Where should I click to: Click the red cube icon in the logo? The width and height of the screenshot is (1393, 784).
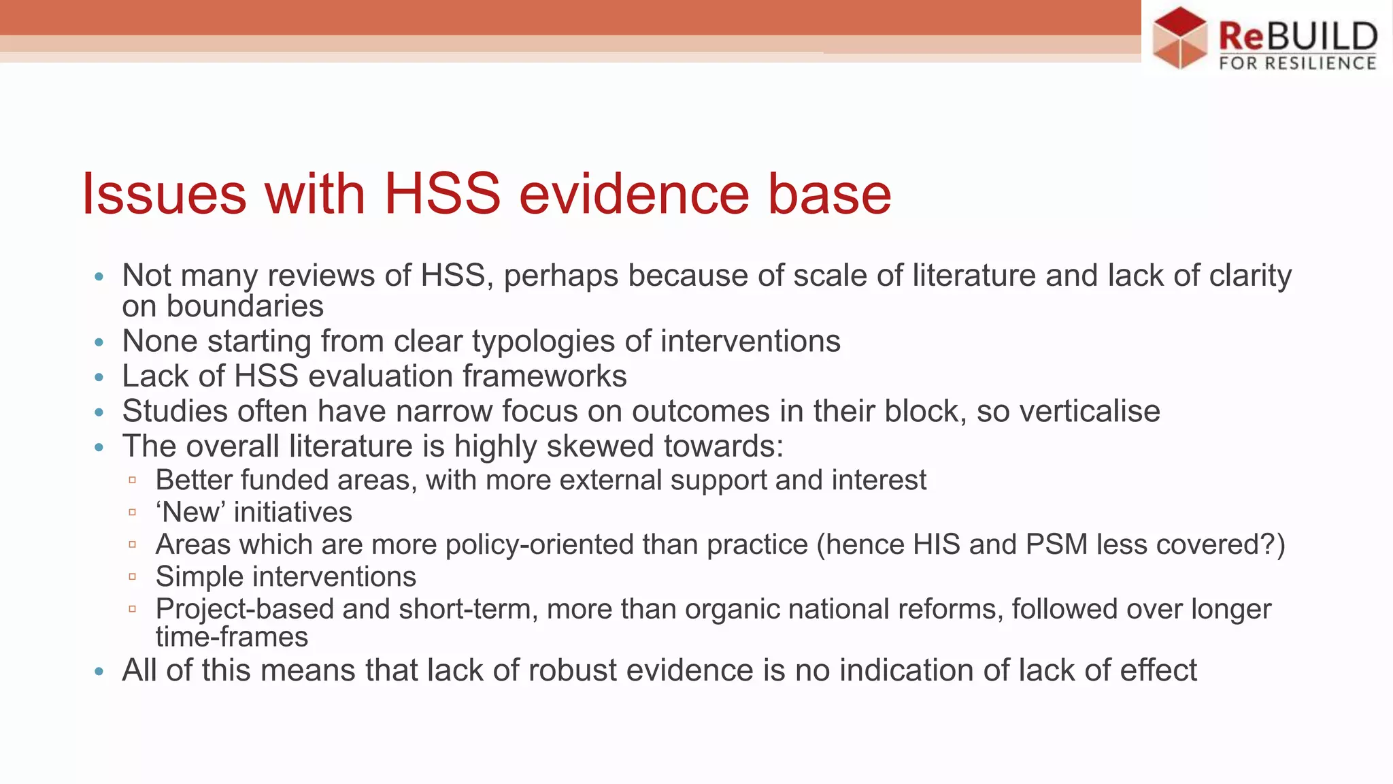[1180, 37]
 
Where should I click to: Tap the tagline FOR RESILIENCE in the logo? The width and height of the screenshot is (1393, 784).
[1298, 63]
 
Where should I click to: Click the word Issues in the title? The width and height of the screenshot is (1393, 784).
[164, 194]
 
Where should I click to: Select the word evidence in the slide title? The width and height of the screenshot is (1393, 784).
[635, 194]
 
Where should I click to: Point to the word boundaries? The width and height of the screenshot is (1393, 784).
[245, 306]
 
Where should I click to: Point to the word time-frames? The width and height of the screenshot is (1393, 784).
[232, 637]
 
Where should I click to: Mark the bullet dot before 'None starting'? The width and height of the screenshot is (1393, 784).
[99, 342]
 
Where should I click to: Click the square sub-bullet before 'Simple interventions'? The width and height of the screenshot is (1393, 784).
[133, 577]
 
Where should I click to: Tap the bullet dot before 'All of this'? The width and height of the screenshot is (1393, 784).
[99, 672]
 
